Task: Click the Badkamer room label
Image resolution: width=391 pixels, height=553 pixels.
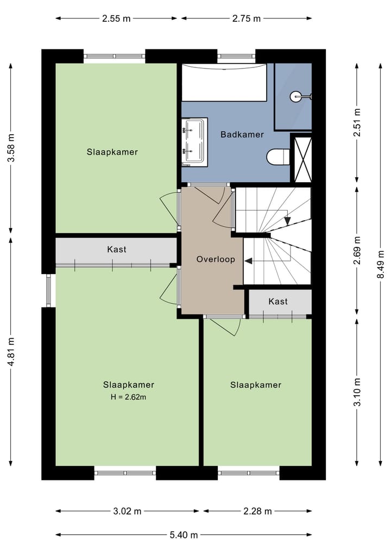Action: coord(242,134)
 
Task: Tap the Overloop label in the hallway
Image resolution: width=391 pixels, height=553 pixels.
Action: coord(216,259)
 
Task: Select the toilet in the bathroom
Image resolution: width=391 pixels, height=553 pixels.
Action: coord(279,157)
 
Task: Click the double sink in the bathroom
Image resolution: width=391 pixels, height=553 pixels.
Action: coord(194,141)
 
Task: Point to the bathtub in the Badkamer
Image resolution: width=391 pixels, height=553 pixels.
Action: coord(224,82)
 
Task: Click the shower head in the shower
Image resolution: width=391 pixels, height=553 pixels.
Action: coord(296,97)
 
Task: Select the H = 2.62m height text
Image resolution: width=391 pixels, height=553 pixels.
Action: coord(129,397)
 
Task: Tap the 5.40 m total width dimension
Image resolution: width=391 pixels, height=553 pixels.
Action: coord(184,535)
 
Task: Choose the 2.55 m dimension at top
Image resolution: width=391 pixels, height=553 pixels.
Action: coord(116,18)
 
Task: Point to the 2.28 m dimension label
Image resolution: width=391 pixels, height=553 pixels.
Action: coord(257,511)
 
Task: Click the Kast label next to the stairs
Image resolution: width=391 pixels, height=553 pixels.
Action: coord(278,301)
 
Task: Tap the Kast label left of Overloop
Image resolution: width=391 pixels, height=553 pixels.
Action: coord(117,250)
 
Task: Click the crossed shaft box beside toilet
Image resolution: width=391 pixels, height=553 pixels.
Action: coord(302,158)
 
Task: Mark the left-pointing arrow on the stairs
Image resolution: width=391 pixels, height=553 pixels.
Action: coord(249,261)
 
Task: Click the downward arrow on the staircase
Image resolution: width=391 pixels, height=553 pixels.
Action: coord(287,220)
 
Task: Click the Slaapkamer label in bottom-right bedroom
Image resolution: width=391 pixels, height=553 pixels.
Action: coord(256,385)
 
